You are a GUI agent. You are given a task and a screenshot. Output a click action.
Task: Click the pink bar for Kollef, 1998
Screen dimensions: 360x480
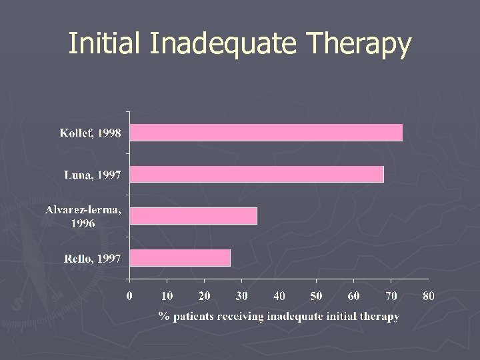click(x=266, y=133)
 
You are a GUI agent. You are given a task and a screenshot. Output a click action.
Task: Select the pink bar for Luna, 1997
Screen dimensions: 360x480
click(x=257, y=174)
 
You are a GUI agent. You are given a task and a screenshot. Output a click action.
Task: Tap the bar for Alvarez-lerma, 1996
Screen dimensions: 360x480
click(x=193, y=216)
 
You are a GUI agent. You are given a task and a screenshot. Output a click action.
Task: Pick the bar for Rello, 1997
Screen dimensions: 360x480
click(x=180, y=258)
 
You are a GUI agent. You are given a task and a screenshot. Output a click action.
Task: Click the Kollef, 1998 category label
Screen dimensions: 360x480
click(x=91, y=133)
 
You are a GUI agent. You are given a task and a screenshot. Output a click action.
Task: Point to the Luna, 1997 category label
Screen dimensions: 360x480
click(x=93, y=175)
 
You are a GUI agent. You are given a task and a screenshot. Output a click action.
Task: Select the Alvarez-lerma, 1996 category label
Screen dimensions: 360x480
click(x=83, y=217)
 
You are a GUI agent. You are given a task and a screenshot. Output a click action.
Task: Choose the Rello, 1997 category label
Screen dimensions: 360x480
click(x=93, y=259)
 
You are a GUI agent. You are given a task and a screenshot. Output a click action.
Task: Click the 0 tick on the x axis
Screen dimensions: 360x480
click(x=130, y=295)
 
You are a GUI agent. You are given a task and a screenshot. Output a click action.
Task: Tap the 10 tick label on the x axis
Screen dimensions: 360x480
click(x=167, y=295)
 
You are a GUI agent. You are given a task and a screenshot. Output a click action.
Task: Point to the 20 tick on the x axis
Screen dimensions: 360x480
click(x=204, y=295)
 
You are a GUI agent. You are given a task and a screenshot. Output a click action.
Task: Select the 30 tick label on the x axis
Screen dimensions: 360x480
click(x=241, y=295)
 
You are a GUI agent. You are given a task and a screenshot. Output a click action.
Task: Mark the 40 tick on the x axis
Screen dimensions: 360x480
click(x=279, y=295)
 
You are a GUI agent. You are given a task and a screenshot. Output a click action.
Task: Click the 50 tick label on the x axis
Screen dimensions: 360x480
click(x=316, y=295)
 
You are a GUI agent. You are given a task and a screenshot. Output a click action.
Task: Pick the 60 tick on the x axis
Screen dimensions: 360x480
click(x=353, y=295)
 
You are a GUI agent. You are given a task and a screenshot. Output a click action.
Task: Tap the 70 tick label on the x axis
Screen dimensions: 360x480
click(x=391, y=295)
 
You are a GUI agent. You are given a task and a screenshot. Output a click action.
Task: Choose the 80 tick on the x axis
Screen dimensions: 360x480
click(x=428, y=295)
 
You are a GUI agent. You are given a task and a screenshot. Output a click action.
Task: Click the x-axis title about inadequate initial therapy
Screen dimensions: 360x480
click(x=279, y=316)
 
